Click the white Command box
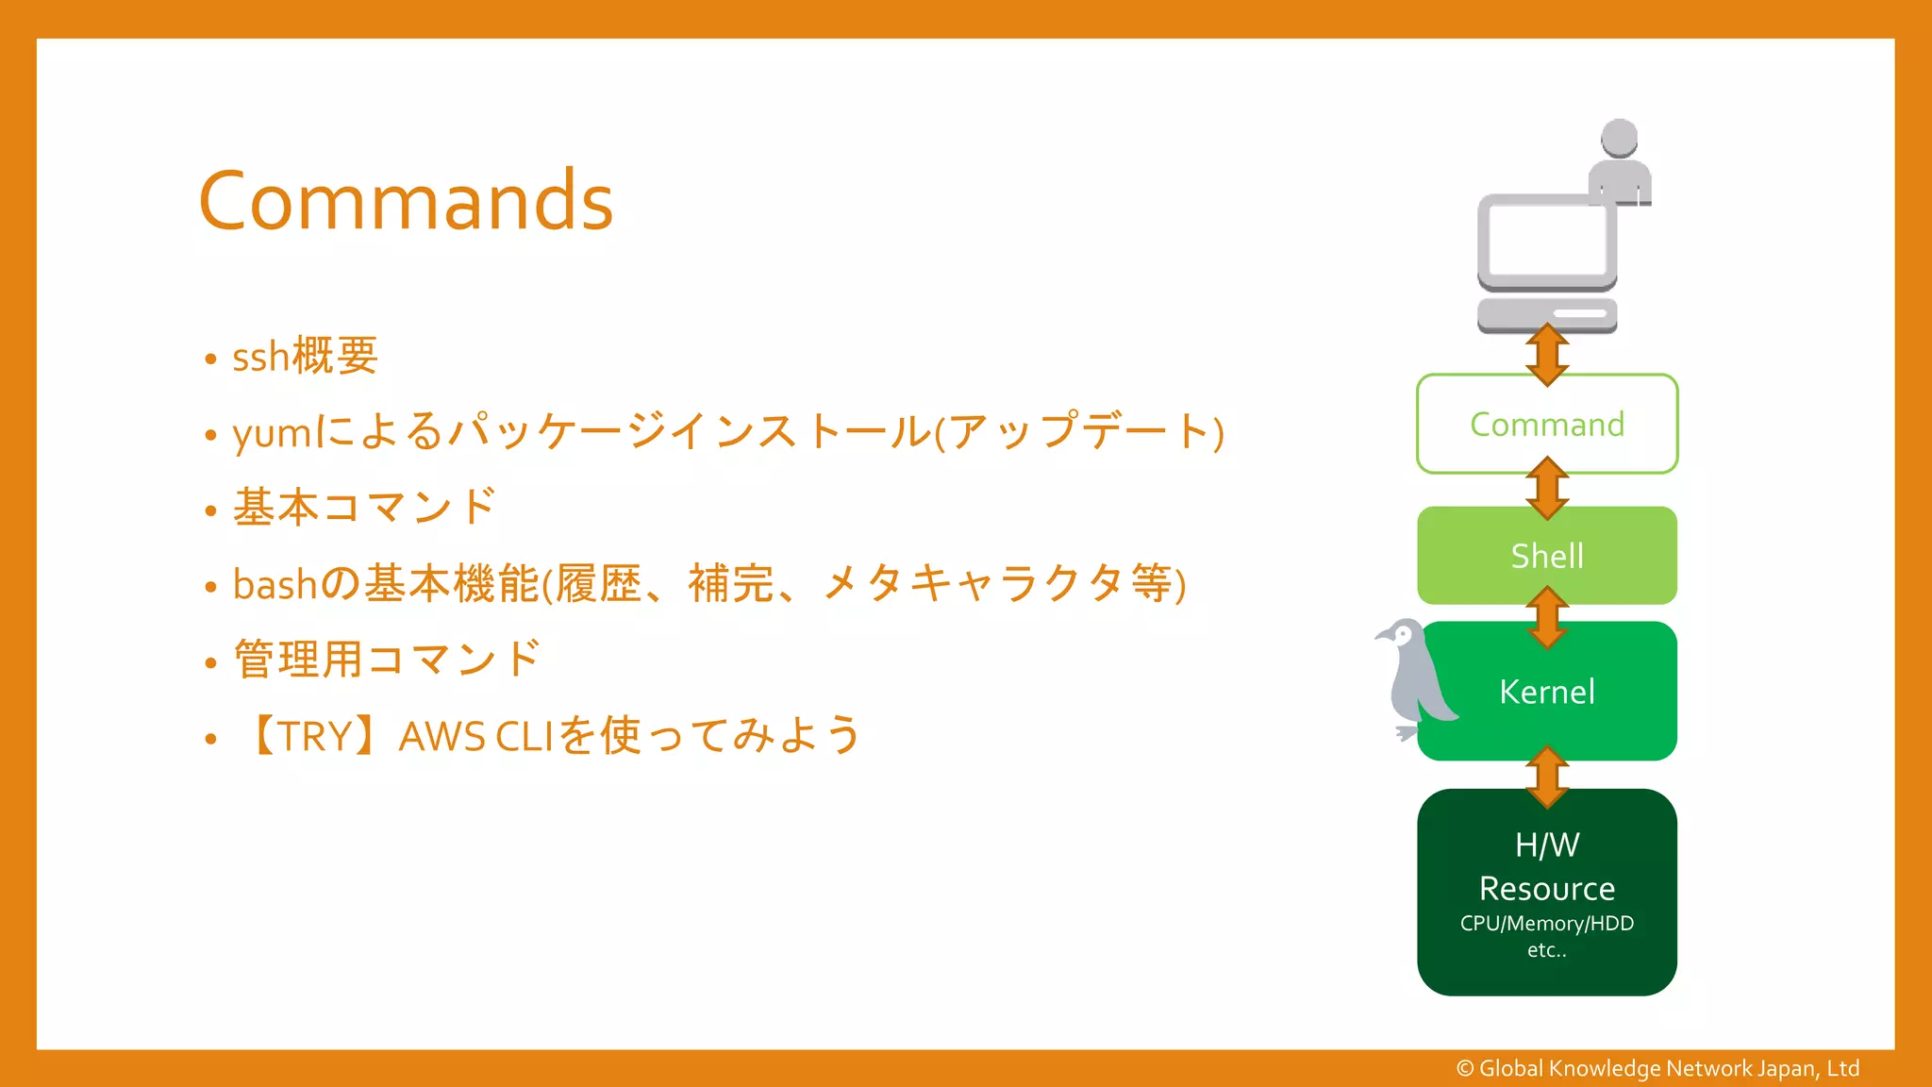pos(1547,425)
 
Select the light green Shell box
pos(1547,556)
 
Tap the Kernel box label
pos(1547,692)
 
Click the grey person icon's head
pos(1620,138)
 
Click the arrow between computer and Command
pos(1547,355)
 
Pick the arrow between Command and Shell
pos(1547,488)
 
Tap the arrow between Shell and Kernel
pos(1547,617)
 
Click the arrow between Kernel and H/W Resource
pos(1547,777)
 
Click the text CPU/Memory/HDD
pos(1547,923)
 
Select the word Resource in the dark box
pos(1547,889)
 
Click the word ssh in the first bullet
pos(260,358)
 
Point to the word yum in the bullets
pos(273,434)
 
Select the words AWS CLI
pos(475,736)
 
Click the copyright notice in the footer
pos(1657,1068)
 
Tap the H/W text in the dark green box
pos(1547,845)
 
